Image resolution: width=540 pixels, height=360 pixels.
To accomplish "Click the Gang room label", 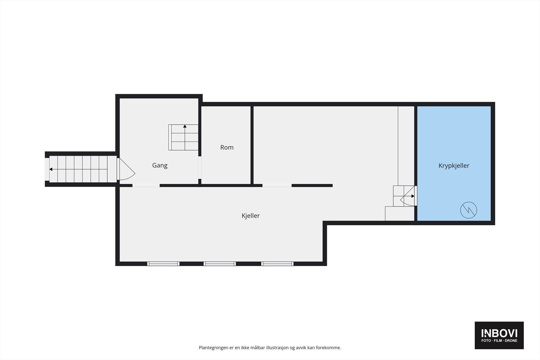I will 160,165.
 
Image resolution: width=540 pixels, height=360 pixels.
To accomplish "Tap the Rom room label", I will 227,147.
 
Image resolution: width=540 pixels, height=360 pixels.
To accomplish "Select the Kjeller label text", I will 251,216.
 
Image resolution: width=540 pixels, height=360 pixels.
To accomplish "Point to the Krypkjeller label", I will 454,166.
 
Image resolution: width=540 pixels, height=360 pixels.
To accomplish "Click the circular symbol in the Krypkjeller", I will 469,210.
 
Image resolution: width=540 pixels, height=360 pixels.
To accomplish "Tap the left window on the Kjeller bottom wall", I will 163,264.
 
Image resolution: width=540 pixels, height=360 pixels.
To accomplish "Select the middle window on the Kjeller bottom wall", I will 220,264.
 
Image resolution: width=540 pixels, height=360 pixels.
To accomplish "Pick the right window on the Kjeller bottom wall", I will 277,264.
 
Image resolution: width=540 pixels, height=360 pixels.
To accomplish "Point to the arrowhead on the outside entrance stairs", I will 51,169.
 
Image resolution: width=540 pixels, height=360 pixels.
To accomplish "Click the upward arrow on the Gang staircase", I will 185,127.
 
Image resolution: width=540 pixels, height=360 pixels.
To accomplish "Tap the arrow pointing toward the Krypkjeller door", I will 412,196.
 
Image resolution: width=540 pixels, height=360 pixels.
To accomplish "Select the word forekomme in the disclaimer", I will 328,348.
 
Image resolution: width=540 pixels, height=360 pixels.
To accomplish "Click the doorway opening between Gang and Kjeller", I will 146,186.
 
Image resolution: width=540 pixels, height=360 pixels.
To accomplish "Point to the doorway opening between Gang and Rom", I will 200,167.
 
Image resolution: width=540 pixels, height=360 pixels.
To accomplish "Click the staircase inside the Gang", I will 184,137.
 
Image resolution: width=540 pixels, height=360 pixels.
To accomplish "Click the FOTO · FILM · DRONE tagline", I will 499,341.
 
